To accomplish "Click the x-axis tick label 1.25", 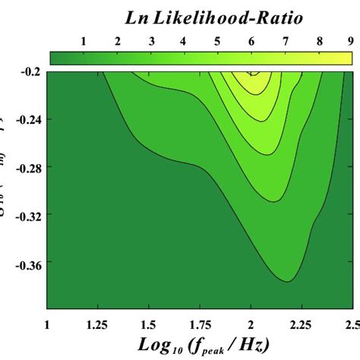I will click(99, 324).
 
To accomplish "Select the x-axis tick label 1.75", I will click(200, 324).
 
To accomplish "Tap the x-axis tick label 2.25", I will click(301, 324).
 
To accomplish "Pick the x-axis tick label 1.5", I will click(150, 324).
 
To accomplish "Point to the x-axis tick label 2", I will click(251, 324).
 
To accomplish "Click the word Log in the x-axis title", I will click(153, 345).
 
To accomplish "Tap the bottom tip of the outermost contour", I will click(286, 281).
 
